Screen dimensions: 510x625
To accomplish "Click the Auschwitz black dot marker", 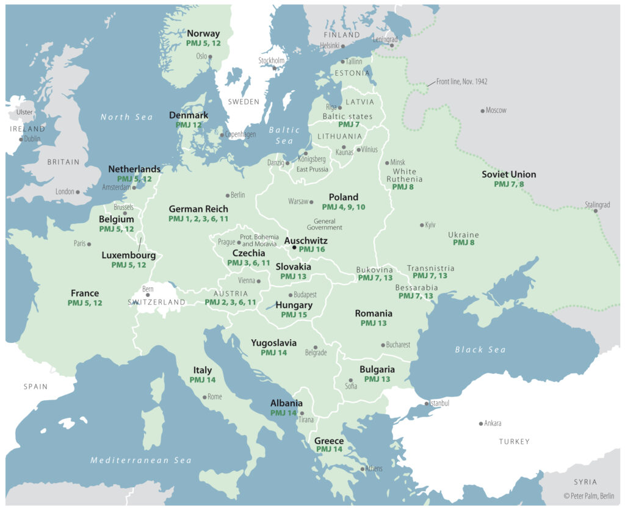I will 294,248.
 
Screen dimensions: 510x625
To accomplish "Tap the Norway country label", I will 203,34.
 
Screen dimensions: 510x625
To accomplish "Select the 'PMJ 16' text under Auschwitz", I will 312,250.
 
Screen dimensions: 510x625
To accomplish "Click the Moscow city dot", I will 482,111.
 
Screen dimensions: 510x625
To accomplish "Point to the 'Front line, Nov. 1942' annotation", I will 461,81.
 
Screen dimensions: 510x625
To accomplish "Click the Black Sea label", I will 480,350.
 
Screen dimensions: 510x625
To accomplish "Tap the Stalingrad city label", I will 597,205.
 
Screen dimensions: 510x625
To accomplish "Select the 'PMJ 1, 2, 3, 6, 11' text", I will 198,218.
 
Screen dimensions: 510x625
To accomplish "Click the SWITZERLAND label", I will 157,302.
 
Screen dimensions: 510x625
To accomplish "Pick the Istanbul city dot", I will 426,404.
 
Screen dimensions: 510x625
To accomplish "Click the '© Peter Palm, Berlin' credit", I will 590,496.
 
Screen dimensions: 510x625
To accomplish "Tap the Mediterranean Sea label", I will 141,460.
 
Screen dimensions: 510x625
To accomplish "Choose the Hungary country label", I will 294,305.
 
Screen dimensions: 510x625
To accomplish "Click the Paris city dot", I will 89,244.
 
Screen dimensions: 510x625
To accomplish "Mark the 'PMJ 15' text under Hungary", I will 294,315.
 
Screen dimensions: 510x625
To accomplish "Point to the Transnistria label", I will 430,268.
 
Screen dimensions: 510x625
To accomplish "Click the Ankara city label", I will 493,423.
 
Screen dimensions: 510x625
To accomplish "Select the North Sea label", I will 127,117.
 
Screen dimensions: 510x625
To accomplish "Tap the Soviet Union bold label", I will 508,174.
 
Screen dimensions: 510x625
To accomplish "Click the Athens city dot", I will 364,469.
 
